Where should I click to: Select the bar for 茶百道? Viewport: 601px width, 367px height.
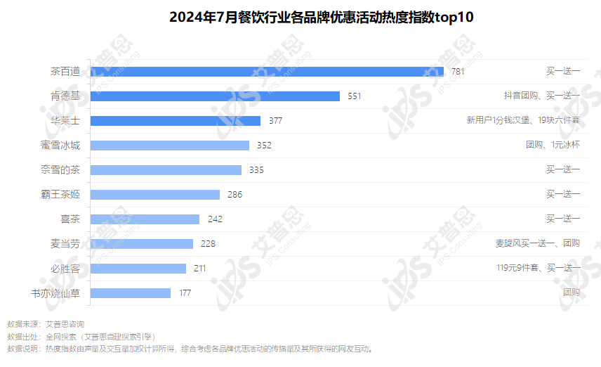267,71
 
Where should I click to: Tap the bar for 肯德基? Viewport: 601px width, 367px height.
215,96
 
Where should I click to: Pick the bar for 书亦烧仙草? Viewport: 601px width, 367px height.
131,292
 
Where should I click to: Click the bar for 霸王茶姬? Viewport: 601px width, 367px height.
155,194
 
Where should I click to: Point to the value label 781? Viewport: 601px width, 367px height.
458,72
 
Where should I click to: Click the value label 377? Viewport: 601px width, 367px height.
275,121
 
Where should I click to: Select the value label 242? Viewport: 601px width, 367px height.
215,219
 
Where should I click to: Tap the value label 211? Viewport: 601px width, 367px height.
199,269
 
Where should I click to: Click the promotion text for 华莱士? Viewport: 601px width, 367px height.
523,120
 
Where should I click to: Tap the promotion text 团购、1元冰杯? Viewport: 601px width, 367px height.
553,145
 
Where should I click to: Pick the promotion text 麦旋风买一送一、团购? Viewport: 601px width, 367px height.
537,243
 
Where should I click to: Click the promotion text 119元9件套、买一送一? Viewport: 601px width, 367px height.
538,268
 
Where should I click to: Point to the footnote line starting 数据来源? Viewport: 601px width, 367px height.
46,324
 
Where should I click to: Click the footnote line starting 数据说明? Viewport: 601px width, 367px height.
190,349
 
